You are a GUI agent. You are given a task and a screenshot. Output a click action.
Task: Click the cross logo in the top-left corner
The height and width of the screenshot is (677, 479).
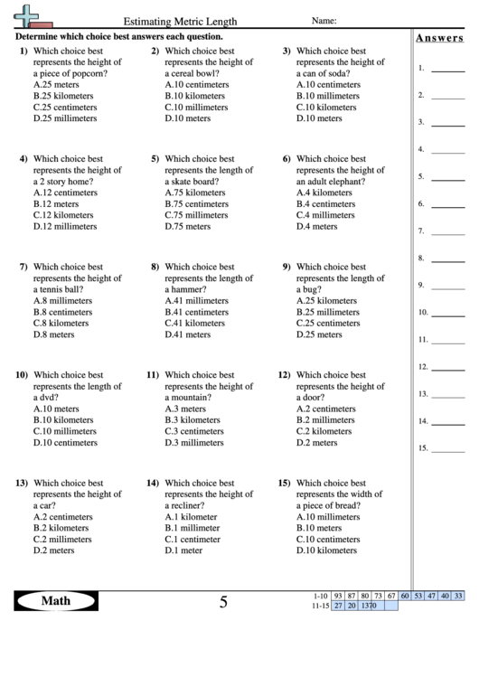click(x=30, y=15)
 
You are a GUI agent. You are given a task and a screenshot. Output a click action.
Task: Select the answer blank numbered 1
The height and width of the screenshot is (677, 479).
click(x=447, y=69)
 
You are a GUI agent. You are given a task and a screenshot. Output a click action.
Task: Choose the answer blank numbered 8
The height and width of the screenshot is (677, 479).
click(x=447, y=259)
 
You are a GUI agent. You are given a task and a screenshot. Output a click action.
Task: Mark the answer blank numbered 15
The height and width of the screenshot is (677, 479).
click(x=447, y=448)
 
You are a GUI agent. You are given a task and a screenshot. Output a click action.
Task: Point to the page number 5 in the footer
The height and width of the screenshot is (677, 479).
click(x=223, y=603)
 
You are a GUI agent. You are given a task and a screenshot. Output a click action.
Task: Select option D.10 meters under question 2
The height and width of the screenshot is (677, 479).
click(x=188, y=118)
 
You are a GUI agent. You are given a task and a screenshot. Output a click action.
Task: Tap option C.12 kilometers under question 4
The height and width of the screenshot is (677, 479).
click(x=63, y=215)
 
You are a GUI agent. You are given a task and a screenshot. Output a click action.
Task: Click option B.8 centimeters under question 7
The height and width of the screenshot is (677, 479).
click(x=62, y=312)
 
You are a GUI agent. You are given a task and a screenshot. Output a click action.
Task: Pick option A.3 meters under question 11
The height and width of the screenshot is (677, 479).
click(x=185, y=409)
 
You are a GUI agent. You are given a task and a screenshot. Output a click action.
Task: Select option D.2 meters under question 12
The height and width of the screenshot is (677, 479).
click(x=317, y=442)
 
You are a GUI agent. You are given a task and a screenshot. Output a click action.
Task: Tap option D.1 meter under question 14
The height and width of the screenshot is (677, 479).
click(x=183, y=550)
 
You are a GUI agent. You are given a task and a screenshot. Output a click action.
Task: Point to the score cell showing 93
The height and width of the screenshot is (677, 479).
click(x=338, y=596)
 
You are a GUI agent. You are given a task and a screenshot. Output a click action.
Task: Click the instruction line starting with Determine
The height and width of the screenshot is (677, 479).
click(x=118, y=38)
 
